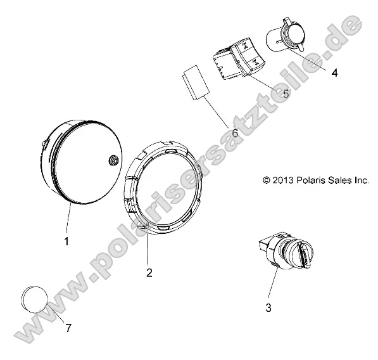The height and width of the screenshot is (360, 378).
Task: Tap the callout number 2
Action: (x=149, y=273)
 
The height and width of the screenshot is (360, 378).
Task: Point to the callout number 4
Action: (x=334, y=72)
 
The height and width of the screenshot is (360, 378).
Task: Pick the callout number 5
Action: (x=285, y=93)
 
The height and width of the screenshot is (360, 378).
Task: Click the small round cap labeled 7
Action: (x=35, y=298)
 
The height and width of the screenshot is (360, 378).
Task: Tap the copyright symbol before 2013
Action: (x=267, y=180)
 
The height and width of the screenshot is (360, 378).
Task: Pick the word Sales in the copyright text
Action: (x=337, y=180)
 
